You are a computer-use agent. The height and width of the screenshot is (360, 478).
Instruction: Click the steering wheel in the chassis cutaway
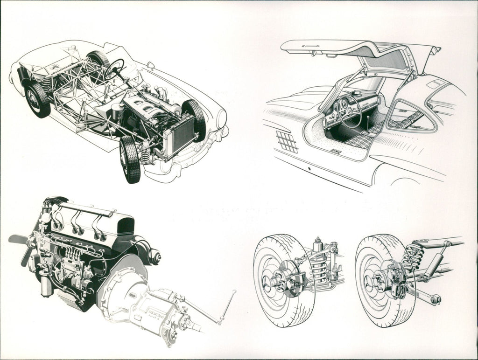click(x=114, y=69)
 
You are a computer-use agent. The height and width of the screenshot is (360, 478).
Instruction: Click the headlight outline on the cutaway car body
click(x=221, y=118)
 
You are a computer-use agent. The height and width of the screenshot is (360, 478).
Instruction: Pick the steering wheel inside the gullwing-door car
click(x=350, y=111)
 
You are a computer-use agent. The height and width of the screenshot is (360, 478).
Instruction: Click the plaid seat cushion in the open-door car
click(x=360, y=140)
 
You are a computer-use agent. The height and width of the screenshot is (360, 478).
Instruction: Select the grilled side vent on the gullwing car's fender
click(x=287, y=141)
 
